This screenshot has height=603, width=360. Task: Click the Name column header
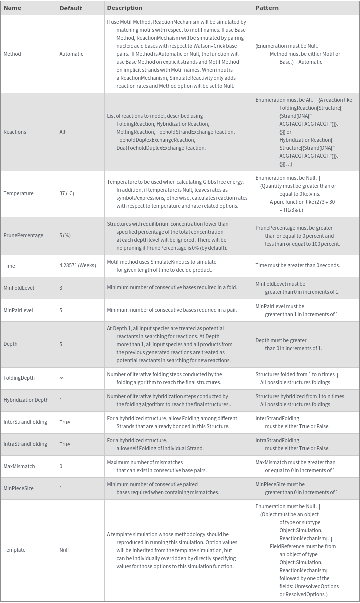[12, 8]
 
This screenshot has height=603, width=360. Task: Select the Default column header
[71, 8]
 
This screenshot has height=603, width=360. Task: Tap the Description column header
[125, 8]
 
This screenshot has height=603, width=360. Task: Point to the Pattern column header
[267, 8]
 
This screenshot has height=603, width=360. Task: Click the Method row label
[12, 54]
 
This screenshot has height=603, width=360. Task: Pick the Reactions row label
[15, 132]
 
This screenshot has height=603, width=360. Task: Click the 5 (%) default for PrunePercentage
[65, 235]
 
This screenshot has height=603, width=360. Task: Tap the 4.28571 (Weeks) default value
[77, 265]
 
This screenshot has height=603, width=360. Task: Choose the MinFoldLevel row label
[19, 288]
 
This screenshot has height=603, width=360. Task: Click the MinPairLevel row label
[18, 310]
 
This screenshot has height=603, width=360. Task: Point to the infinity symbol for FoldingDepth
[61, 378]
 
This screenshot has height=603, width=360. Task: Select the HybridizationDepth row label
[26, 400]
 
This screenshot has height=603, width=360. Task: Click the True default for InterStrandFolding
[64, 422]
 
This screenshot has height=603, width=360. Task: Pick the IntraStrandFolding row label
[25, 444]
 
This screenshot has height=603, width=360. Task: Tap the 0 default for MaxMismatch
[61, 466]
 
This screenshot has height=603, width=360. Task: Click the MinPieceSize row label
[18, 488]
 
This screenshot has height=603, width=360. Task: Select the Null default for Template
[64, 550]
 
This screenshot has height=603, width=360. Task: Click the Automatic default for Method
[71, 54]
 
